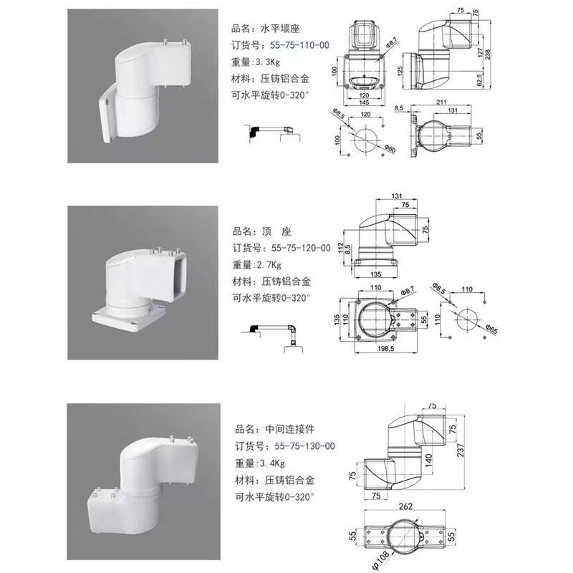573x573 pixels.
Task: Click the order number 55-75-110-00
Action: [x=299, y=45]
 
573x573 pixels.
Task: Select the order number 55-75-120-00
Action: [x=301, y=248]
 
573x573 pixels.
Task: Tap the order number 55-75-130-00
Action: [x=305, y=446]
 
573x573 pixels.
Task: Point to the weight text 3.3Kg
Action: [x=267, y=62]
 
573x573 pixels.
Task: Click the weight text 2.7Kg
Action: [x=269, y=265]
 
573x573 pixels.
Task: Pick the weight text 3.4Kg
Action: [x=272, y=463]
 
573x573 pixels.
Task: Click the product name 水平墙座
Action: [x=280, y=29]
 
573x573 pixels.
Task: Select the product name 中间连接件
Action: [x=290, y=429]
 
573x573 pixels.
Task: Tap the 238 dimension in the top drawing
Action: [x=488, y=54]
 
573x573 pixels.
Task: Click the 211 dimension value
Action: [x=441, y=102]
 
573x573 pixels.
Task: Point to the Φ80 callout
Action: [x=390, y=148]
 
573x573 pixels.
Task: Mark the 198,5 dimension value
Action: [x=385, y=349]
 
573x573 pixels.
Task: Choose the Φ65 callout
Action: [x=492, y=329]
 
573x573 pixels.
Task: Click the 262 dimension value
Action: [x=405, y=506]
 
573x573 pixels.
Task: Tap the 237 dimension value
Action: [x=460, y=450]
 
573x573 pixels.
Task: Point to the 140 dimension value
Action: [x=429, y=460]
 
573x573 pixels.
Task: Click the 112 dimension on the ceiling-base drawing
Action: [x=340, y=248]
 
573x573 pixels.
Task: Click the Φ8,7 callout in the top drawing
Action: [x=392, y=42]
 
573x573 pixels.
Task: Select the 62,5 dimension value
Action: [x=479, y=80]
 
